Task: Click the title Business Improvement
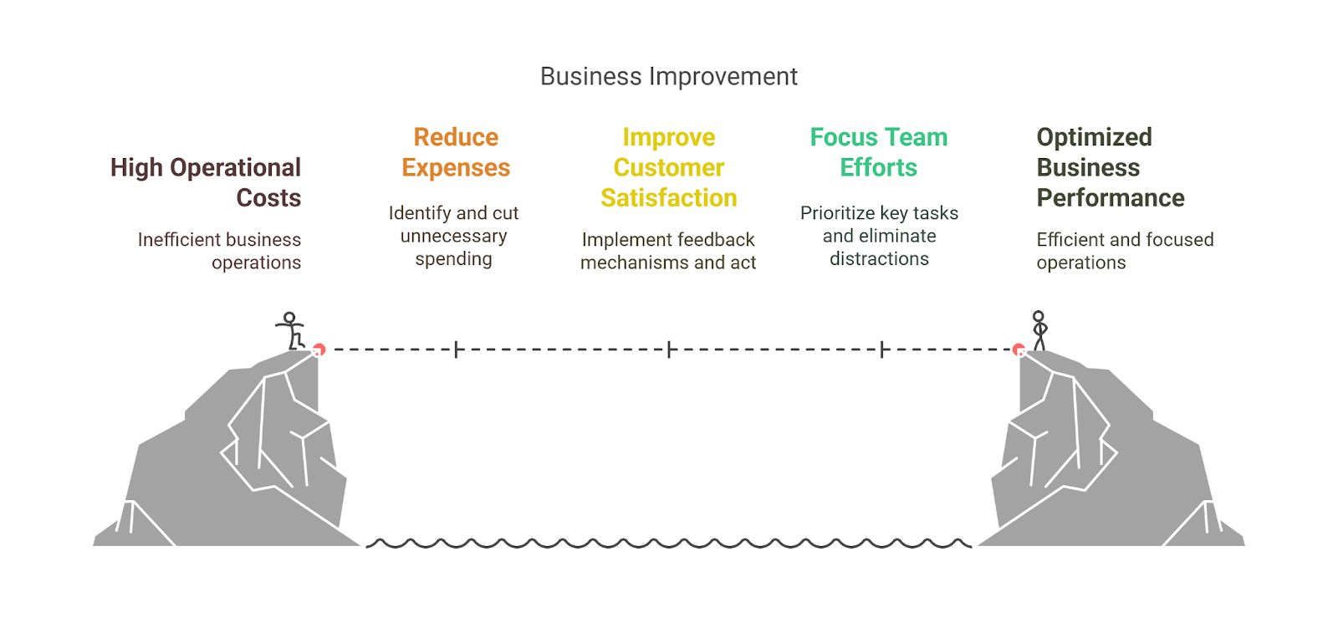coord(668,76)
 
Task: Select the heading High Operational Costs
coord(206,182)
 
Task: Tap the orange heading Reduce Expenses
coord(456,152)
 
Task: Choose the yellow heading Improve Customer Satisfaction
coord(668,167)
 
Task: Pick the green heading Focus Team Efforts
coord(879,152)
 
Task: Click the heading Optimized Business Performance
coord(1110,167)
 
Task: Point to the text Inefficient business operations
coord(220,251)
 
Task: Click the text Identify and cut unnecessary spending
coord(453,236)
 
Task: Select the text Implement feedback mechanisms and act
coord(668,251)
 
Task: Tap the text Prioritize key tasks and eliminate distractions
coord(879,236)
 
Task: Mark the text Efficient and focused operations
coord(1124,251)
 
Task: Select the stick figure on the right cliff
coord(1039,330)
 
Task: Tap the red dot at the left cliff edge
coord(319,350)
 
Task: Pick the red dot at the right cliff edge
coord(1019,350)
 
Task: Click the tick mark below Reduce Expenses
coord(456,350)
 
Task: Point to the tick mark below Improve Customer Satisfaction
coord(669,350)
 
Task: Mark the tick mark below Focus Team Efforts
coord(881,350)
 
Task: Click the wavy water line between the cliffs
coord(668,544)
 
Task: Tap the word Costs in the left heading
coord(268,198)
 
